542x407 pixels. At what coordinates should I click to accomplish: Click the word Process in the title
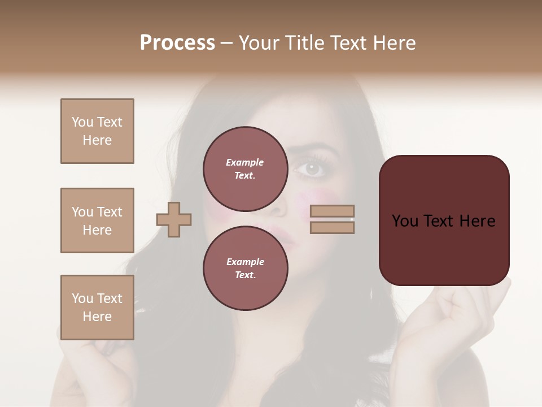pyautogui.click(x=177, y=43)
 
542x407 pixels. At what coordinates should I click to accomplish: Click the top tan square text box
pyautogui.click(x=97, y=131)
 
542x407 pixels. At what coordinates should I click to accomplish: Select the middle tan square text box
pyautogui.click(x=97, y=220)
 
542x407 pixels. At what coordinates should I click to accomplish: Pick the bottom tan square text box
pyautogui.click(x=97, y=308)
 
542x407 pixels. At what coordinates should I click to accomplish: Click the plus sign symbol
pyautogui.click(x=174, y=219)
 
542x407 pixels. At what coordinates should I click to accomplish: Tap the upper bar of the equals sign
pyautogui.click(x=333, y=211)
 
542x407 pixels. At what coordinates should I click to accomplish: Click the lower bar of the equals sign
pyautogui.click(x=333, y=227)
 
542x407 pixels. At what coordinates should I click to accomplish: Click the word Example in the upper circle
pyautogui.click(x=245, y=162)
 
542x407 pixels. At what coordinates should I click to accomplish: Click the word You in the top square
pyautogui.click(x=82, y=122)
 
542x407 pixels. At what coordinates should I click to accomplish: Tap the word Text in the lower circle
pyautogui.click(x=245, y=275)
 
